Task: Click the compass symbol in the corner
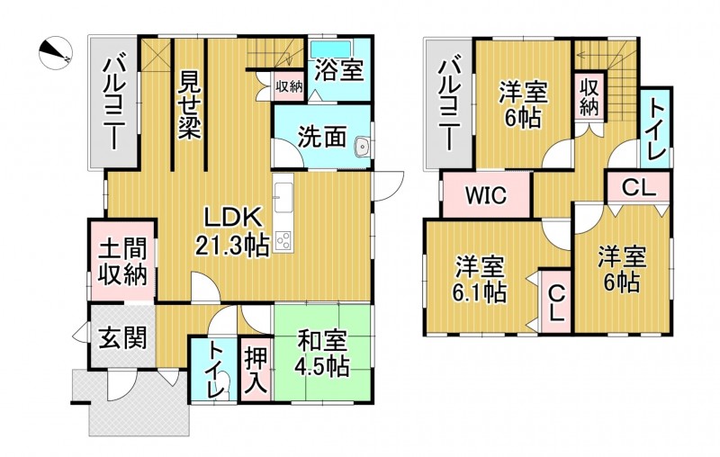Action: point(56,51)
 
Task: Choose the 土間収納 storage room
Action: point(123,261)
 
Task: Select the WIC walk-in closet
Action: point(486,196)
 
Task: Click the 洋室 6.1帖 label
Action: point(480,279)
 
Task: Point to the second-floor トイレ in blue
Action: point(656,129)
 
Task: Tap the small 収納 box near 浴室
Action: point(289,86)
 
